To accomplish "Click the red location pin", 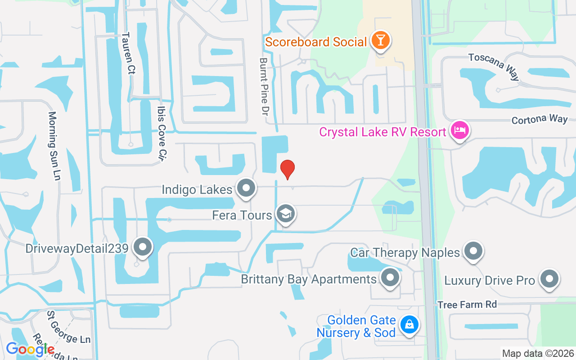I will coord(288,169).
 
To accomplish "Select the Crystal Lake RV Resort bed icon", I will coord(459,131).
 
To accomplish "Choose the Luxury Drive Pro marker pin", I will coord(549,279).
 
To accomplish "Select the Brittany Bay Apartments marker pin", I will coord(390,278).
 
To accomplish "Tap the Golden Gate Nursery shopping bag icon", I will coord(409,324).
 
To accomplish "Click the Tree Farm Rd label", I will coord(467,305).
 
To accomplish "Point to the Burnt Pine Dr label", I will coord(264,85).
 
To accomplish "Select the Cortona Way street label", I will coord(540,119).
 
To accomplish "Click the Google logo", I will coord(30,349).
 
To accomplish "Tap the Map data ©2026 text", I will coord(538,354).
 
